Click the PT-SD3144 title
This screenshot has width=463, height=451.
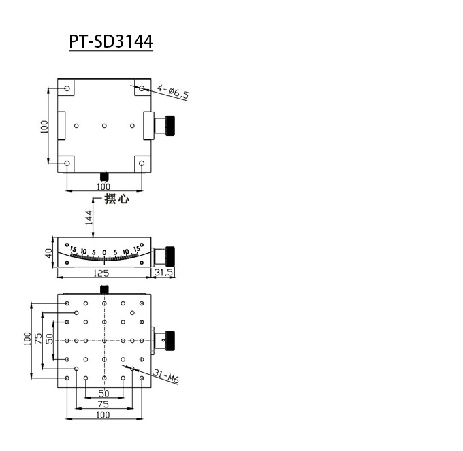tap(111, 41)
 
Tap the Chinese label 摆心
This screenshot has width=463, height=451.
tap(116, 200)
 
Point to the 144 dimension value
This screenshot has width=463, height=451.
tap(88, 218)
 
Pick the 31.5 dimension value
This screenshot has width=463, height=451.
tap(164, 273)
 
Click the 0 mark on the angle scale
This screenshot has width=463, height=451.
tap(104, 252)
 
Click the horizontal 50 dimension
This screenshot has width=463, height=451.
tap(103, 394)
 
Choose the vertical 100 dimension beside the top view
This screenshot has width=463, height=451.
tap(44, 126)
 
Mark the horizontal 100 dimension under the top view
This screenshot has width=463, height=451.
tap(103, 186)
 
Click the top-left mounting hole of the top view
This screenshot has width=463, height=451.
tap(67, 89)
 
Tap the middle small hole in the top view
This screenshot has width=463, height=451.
tap(104, 126)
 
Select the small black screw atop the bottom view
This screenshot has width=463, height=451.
tap(104, 290)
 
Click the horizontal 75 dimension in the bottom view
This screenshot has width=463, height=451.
tap(103, 404)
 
